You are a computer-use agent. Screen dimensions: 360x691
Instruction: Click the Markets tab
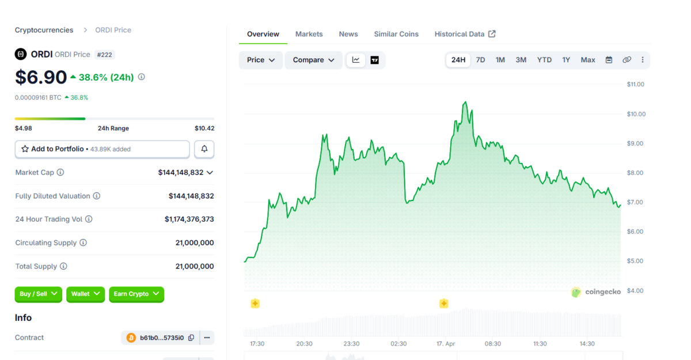[x=309, y=34]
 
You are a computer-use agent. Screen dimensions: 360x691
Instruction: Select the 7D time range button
[x=480, y=60]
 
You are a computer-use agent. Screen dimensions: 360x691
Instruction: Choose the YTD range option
[x=544, y=60]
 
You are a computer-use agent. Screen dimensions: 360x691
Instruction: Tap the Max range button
[x=588, y=60]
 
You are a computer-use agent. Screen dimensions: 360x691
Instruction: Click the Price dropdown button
[x=261, y=60]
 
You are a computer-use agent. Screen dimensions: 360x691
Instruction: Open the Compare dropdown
[x=313, y=60]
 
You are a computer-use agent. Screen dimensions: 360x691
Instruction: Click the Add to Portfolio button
[x=102, y=149]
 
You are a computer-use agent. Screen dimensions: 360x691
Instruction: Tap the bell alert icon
[x=204, y=149]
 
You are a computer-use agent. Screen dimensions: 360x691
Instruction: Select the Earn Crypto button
[x=136, y=294]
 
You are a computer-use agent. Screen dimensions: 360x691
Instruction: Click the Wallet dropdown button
[x=85, y=294]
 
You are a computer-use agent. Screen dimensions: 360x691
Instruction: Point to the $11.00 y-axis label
[x=636, y=84]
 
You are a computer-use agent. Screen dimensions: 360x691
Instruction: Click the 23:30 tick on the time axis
[x=351, y=344]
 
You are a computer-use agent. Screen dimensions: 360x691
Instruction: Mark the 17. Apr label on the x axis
[x=446, y=344]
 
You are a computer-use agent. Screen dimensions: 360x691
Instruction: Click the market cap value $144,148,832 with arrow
[x=185, y=172]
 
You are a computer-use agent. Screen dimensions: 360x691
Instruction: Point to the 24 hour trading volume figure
[x=189, y=219]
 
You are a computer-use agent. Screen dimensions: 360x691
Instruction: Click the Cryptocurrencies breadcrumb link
[x=44, y=30]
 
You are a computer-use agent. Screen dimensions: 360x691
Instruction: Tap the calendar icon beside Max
[x=609, y=60]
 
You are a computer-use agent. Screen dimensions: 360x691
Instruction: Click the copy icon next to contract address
[x=191, y=338]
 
